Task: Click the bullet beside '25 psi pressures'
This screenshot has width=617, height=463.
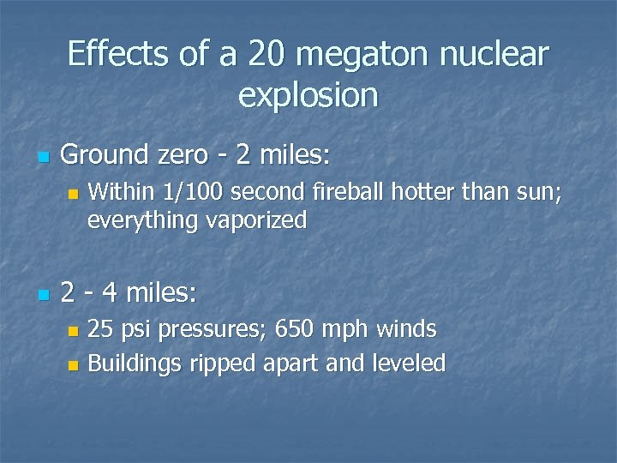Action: (x=73, y=330)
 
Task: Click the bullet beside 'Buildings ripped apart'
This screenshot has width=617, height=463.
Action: (x=73, y=364)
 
